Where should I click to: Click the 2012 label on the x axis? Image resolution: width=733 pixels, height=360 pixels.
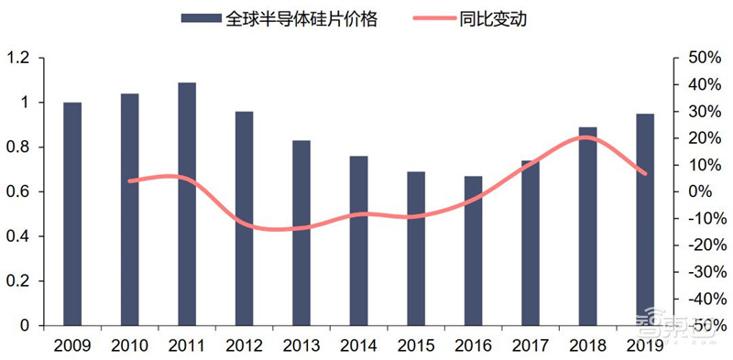(244, 346)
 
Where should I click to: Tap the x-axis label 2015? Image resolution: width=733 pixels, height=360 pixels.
(416, 346)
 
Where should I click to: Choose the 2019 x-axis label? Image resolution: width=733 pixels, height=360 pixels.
(645, 346)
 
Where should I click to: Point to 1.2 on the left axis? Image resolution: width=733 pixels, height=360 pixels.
(18, 58)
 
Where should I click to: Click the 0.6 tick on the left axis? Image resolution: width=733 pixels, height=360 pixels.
(18, 191)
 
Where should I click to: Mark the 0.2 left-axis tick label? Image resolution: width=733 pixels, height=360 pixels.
(18, 281)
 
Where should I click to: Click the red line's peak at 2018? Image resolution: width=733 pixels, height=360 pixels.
(588, 137)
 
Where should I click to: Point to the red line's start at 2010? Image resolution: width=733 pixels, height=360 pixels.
(129, 180)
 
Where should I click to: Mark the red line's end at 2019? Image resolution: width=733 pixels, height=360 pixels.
(645, 173)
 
